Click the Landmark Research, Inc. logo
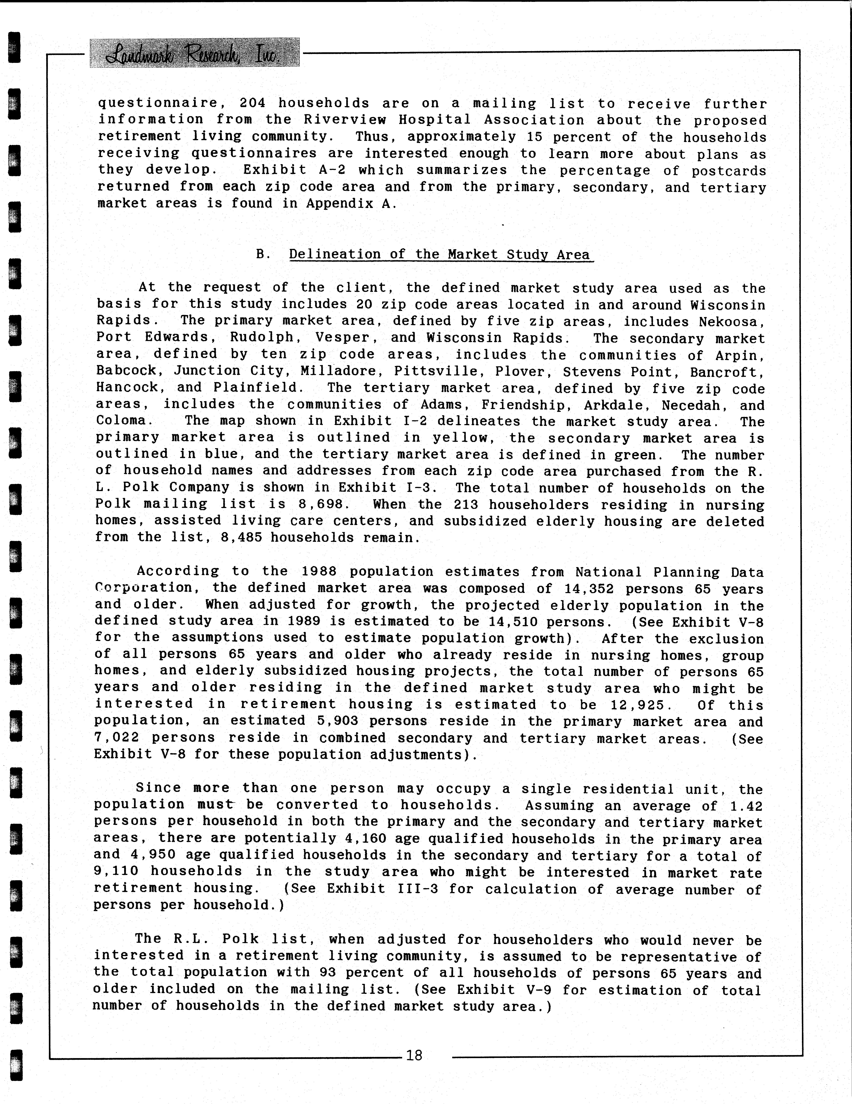click(195, 53)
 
